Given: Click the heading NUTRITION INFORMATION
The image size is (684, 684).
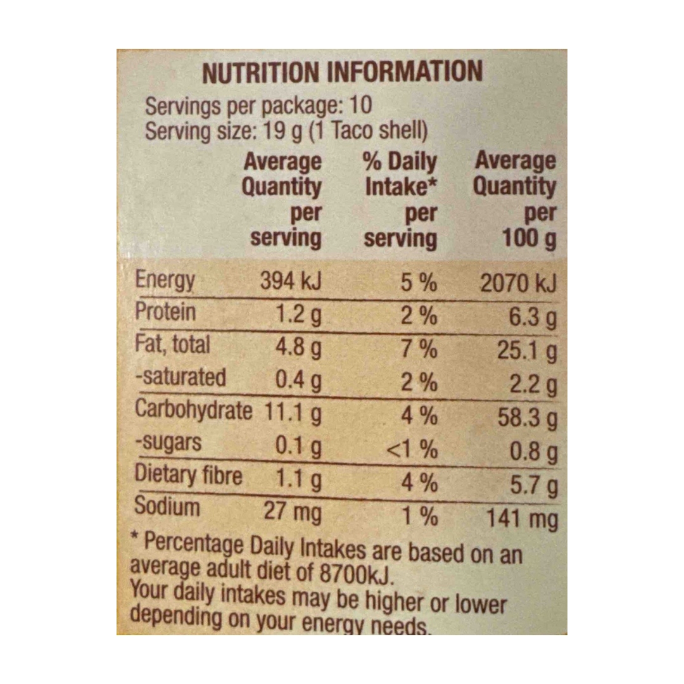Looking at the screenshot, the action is coord(343,72).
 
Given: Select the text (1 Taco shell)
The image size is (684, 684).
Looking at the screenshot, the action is coord(368,130).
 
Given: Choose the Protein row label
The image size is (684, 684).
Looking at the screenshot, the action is coord(165,312).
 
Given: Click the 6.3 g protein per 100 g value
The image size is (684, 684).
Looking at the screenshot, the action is coord(533,317).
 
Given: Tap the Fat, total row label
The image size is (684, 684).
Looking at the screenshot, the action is coord(173,344).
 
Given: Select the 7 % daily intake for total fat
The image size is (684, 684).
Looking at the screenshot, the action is coord(419,348).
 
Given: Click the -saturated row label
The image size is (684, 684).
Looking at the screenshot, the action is coord(180,377).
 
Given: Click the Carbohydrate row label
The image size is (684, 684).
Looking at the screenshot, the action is coord(194,410).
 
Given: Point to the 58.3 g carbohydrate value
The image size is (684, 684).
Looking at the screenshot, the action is coord(528,418).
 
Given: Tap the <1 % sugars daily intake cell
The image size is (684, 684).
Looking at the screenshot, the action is coord(412,448).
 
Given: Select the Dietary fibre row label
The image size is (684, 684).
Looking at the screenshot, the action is coord(189,474).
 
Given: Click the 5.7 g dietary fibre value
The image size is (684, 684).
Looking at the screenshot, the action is coord(533,485).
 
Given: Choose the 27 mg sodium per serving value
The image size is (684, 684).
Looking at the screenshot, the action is coord(292,511).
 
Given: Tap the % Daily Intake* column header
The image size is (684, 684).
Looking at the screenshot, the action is coord(400,175).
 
